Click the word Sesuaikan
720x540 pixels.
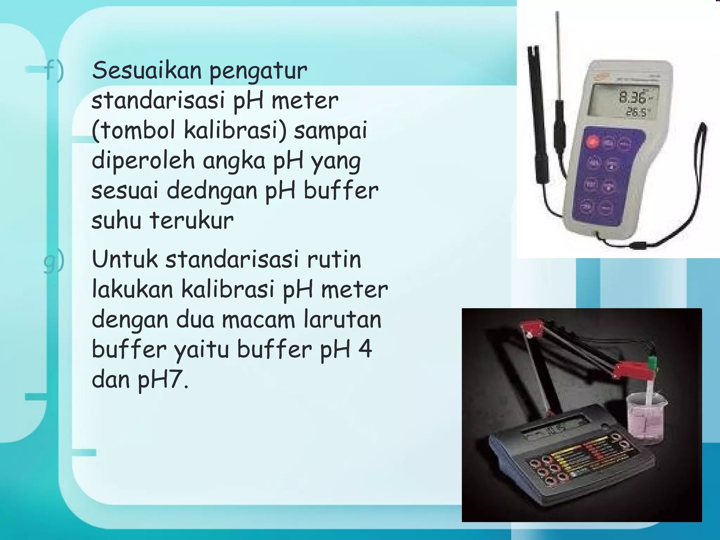pyautogui.click(x=147, y=70)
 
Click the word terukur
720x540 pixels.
pyautogui.click(x=192, y=221)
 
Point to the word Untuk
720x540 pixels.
pyautogui.click(x=125, y=259)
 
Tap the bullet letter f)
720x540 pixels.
pyautogui.click(x=54, y=70)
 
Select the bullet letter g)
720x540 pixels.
pyautogui.click(x=54, y=260)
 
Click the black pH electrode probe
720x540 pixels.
pyautogui.click(x=538, y=116)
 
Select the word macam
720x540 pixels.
pyautogui.click(x=258, y=320)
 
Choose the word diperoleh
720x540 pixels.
pyautogui.click(x=143, y=161)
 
